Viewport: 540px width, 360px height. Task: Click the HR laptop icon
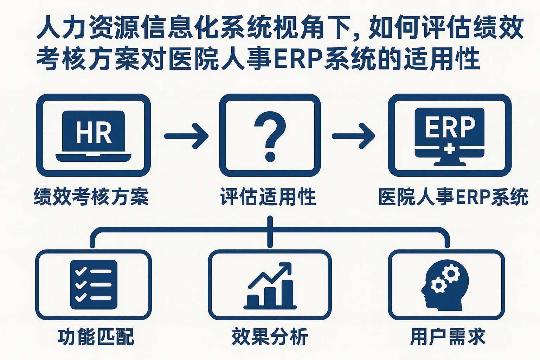pos(94,136)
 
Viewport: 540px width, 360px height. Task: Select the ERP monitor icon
pos(450,136)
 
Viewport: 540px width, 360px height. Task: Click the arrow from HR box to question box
pos(186,136)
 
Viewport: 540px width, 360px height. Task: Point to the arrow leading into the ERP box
pos(353,136)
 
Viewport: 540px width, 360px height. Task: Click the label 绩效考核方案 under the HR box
pos(91,197)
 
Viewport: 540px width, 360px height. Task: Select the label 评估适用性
pos(268,197)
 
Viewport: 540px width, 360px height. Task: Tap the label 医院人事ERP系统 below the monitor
pos(453,197)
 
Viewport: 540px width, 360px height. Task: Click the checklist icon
pos(94,284)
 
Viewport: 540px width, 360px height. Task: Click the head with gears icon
pos(445,284)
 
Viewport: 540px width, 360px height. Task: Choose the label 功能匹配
pos(96,336)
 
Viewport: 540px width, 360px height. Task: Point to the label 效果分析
pos(270,336)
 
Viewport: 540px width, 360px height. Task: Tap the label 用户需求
pos(448,336)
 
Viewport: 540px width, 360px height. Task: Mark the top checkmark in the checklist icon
pos(81,271)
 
